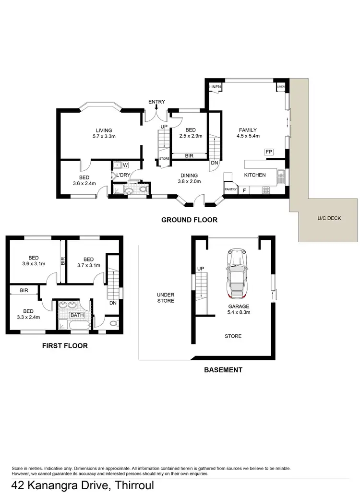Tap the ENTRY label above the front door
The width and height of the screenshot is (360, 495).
(x=156, y=102)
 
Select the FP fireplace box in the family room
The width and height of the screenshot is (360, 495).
(x=269, y=152)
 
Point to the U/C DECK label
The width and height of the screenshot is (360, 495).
(x=329, y=218)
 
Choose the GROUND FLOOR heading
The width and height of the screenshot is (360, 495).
(x=189, y=220)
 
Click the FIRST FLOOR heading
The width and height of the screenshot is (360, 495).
(x=65, y=345)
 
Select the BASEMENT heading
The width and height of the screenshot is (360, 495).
(x=223, y=370)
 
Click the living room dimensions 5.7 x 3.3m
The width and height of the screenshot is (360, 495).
(x=104, y=137)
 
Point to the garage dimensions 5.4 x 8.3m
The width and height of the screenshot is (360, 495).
(x=238, y=312)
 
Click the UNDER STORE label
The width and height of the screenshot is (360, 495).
(x=165, y=298)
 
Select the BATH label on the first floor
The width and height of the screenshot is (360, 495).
(x=76, y=315)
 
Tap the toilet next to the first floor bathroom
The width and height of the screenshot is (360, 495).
(x=113, y=323)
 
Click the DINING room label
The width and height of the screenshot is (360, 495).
(x=189, y=175)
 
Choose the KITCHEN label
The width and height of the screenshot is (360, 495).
(x=255, y=175)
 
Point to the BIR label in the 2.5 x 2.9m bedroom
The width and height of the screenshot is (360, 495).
(x=189, y=155)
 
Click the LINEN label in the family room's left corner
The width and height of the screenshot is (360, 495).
(x=215, y=86)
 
